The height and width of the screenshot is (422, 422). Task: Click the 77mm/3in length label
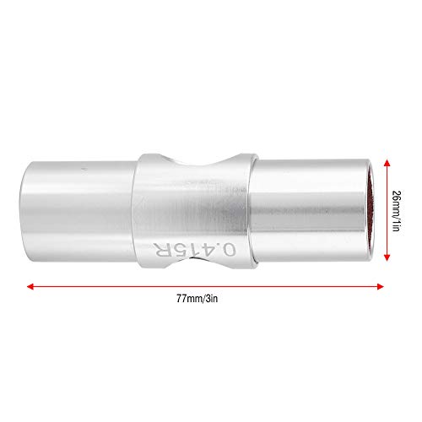[197, 298]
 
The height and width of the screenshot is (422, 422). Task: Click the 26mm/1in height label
[396, 211]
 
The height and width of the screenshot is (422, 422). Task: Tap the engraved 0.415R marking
[194, 249]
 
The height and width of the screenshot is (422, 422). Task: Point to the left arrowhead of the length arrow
[30, 286]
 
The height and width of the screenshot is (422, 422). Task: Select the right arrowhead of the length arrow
[381, 286]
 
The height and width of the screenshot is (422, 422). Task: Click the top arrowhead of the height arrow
[387, 163]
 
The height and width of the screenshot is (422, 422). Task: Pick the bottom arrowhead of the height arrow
[387, 257]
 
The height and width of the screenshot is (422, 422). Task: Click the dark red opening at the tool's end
[372, 210]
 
